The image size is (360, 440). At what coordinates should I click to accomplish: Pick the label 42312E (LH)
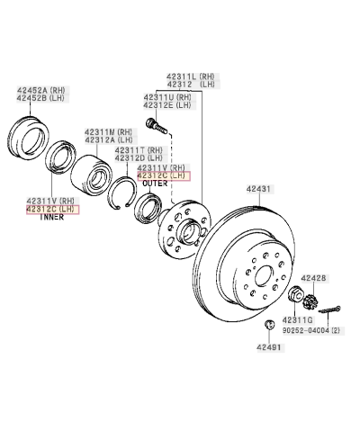tap(167, 105)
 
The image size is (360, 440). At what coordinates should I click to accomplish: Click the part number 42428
tap(314, 278)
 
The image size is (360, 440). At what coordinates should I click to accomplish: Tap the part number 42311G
tap(298, 319)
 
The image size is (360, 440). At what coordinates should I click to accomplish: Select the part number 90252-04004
tap(301, 330)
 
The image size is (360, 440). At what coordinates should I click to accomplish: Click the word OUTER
tap(155, 185)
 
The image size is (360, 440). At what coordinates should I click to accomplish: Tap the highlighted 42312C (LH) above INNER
tap(51, 209)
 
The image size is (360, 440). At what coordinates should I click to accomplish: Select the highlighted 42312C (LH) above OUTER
tap(163, 176)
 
